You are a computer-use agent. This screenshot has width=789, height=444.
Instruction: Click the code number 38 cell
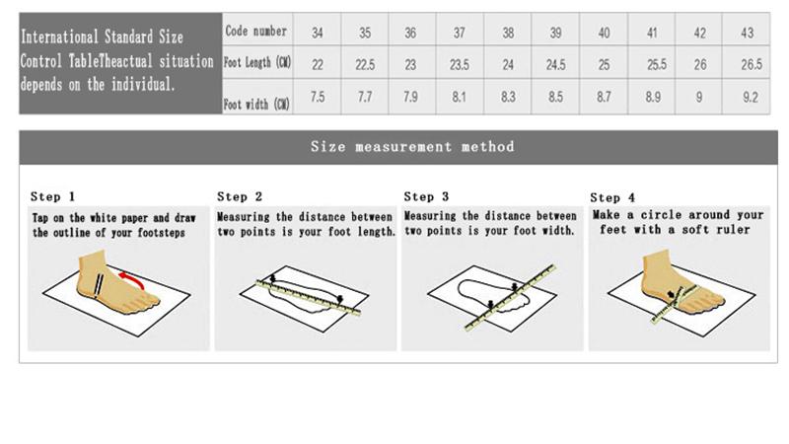(508, 33)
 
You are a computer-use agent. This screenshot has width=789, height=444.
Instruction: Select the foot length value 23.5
(460, 65)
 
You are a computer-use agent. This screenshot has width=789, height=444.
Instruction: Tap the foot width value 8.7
(604, 97)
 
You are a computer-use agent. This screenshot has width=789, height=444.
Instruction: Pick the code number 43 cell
(748, 33)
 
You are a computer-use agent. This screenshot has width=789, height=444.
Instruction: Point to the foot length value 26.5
(752, 64)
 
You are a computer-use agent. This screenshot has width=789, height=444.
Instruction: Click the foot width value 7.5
(318, 97)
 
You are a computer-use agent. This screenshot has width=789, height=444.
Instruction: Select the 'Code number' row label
(256, 31)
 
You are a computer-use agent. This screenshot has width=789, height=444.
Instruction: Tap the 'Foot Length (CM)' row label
(257, 62)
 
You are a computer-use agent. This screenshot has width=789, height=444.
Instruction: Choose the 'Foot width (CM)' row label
(256, 105)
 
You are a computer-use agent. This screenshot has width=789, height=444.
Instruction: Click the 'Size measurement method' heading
(412, 146)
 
